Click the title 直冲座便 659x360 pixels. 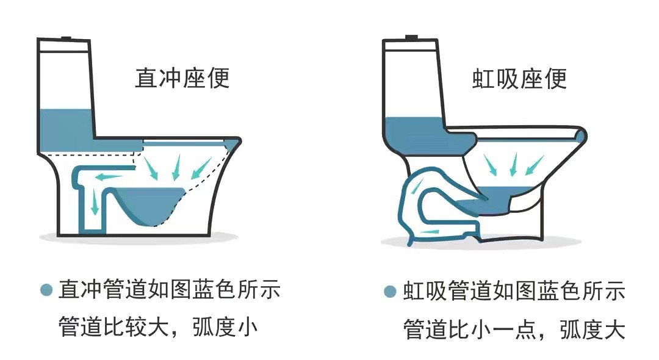pos(182,79)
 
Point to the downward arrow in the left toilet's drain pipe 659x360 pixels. pos(95,201)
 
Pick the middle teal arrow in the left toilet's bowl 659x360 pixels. pos(178,167)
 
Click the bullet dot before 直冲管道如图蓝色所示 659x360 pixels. pos(46,290)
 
